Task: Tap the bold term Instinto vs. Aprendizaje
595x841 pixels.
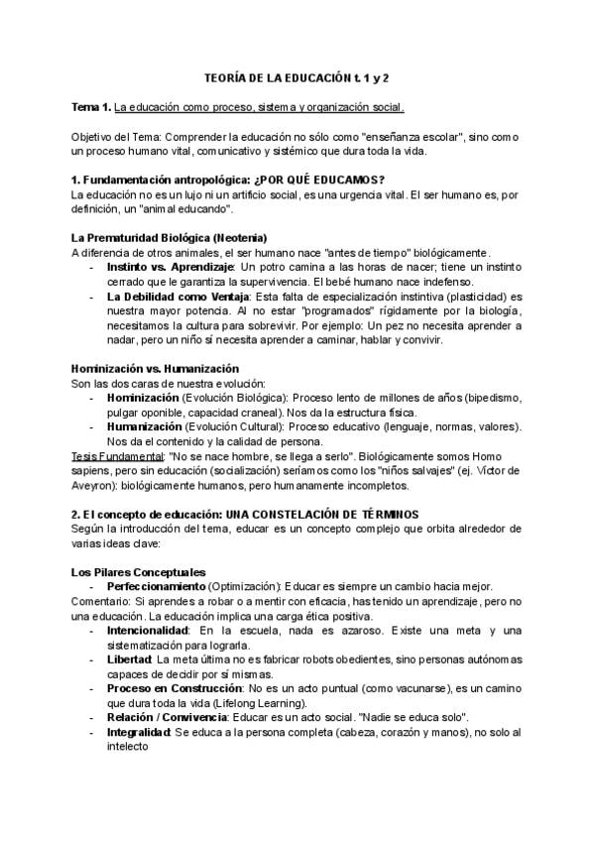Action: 169,268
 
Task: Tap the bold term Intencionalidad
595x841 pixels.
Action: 149,631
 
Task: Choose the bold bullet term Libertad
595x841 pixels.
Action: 129,660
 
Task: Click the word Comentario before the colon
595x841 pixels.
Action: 100,602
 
